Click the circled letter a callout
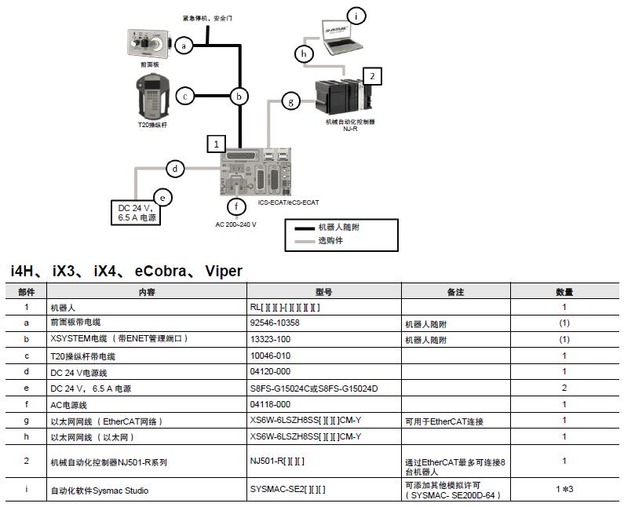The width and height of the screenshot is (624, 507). tap(184, 46)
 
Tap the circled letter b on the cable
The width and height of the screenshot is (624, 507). tap(240, 97)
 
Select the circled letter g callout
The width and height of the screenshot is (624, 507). tap(291, 100)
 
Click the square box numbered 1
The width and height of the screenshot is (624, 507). tap(216, 144)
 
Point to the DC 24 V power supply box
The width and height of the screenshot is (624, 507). tap(135, 212)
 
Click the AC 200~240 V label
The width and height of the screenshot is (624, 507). tap(236, 224)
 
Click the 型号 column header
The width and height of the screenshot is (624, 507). tap(323, 292)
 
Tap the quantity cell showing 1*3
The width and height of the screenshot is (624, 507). tap(564, 490)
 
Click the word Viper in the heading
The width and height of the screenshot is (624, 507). tap(224, 272)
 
